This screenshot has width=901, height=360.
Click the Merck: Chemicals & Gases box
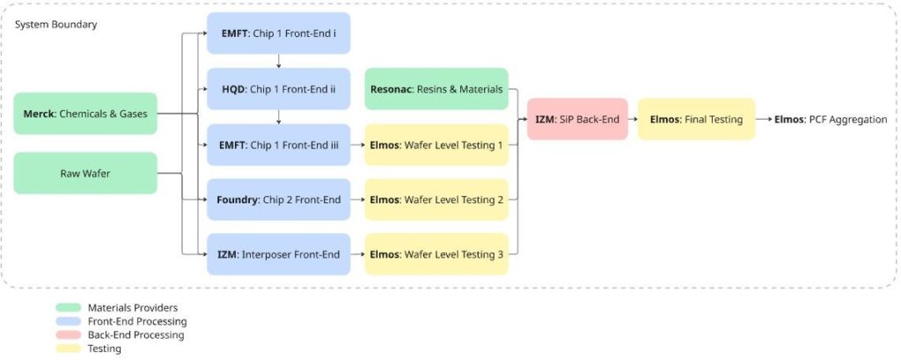85,114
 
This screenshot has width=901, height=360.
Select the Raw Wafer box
85,173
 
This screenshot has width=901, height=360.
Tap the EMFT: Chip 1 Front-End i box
278,33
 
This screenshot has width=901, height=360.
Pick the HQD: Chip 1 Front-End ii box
278,89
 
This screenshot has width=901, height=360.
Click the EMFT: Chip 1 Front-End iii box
278,145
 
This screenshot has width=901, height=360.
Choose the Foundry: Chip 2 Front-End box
278,200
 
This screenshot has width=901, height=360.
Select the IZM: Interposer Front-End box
278,254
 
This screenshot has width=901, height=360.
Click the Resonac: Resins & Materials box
436,89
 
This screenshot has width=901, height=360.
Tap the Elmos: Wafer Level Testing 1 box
436,145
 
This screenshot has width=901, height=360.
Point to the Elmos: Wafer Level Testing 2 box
436,200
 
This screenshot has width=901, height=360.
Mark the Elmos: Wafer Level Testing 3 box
436,254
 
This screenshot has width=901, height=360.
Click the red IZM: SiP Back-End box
577,119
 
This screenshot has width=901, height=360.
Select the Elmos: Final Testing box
697,119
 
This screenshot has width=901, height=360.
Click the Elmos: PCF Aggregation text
831,120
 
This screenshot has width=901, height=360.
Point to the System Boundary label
55,25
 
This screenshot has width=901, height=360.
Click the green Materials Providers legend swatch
69,308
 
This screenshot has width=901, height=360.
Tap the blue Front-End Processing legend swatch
69,321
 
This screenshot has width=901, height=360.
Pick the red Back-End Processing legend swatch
69,334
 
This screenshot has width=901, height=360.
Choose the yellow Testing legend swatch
69,349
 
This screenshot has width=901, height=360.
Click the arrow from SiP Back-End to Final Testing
633,119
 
